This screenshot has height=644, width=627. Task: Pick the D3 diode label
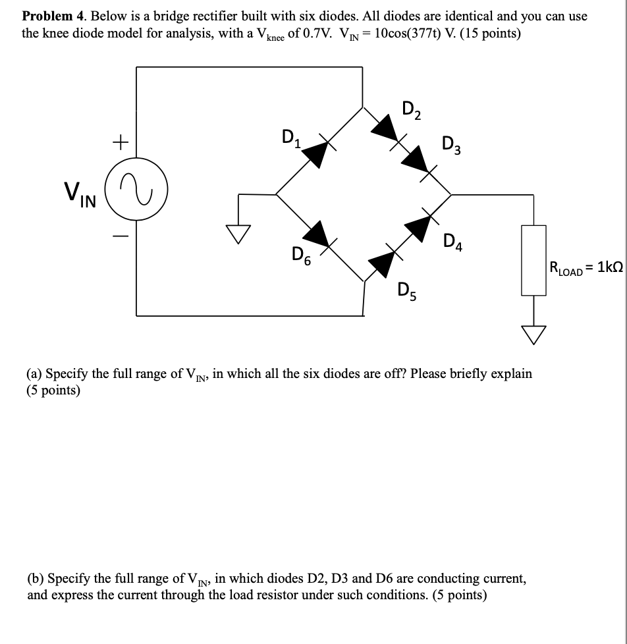[452, 143]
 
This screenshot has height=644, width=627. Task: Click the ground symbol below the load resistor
[534, 335]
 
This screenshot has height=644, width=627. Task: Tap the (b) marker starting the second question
[36, 579]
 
